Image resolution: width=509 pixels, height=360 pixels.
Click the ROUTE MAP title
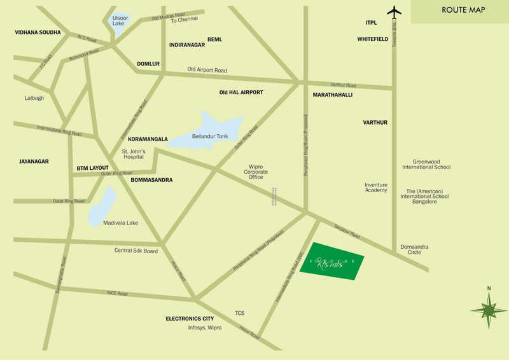click(463, 10)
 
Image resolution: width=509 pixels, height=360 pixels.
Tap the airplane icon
click(394, 11)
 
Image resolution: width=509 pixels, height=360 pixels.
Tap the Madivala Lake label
click(121, 223)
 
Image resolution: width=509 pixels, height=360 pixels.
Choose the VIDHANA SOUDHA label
click(38, 32)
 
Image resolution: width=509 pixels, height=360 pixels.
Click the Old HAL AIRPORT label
click(241, 92)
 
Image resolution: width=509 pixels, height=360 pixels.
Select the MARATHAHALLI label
click(333, 95)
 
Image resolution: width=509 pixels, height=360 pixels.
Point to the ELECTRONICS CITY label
click(190, 318)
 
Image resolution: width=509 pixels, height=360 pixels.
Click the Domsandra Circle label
click(410, 249)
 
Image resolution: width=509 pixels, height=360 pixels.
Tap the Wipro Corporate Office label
click(256, 172)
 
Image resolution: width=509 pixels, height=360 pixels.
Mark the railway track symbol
click(275, 197)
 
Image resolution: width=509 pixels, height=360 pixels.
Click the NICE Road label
click(118, 294)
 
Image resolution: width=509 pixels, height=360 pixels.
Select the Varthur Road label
click(344, 85)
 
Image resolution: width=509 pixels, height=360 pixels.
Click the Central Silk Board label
click(136, 251)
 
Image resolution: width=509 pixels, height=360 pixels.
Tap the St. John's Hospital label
click(134, 154)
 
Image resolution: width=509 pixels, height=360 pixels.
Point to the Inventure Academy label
click(375, 188)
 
